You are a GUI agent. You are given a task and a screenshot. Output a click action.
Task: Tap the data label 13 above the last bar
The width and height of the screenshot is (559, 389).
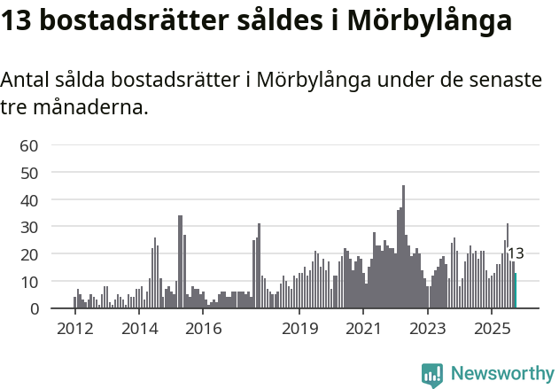515,253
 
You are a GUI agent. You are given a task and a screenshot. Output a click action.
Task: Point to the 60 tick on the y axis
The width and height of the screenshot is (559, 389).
29,145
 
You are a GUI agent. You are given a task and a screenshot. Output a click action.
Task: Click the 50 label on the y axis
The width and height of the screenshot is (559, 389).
29,173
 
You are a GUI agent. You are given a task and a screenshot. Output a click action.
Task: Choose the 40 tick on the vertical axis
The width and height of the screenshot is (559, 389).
29,200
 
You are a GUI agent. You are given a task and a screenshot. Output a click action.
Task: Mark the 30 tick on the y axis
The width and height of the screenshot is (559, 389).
29,227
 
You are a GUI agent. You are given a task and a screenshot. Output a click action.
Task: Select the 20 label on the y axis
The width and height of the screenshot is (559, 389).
29,254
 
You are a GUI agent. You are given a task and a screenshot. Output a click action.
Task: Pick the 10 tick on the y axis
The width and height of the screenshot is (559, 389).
29,282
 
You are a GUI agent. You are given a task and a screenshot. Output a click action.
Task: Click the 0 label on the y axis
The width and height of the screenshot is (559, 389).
34,308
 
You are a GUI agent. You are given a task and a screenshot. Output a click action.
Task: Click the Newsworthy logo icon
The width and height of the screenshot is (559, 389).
432,375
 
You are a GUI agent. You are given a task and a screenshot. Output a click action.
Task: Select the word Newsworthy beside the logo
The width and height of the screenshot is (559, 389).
502,374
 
